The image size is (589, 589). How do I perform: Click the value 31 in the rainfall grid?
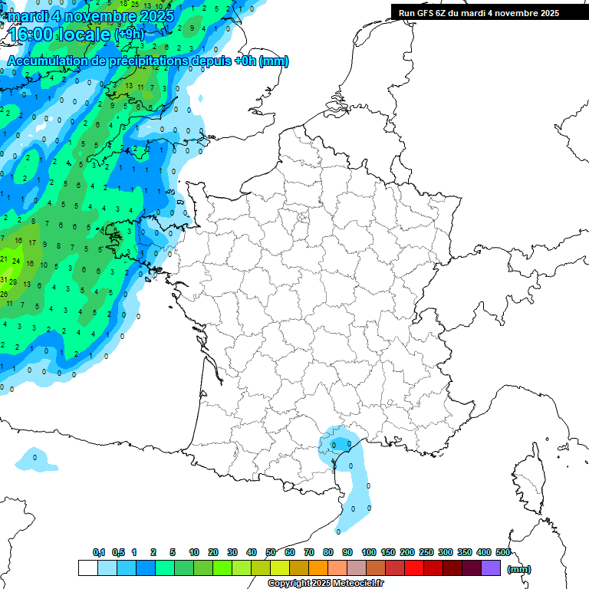coord(4,279)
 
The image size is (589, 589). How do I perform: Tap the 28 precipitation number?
coord(13,281)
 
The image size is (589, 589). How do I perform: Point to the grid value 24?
coord(16,262)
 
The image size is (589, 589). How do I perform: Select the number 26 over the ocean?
coord(4,294)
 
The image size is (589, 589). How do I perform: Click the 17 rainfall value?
coord(31,243)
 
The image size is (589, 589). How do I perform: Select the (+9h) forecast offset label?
coord(129,35)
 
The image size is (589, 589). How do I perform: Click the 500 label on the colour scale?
coord(503,552)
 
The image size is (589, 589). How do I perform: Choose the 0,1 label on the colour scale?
coord(99,552)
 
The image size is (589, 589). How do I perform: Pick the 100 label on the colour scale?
coord(369,552)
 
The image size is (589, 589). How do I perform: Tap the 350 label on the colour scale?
coord(465,552)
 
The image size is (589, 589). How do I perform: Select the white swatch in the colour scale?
coord(87,568)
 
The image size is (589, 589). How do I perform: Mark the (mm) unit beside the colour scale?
coord(519,569)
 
